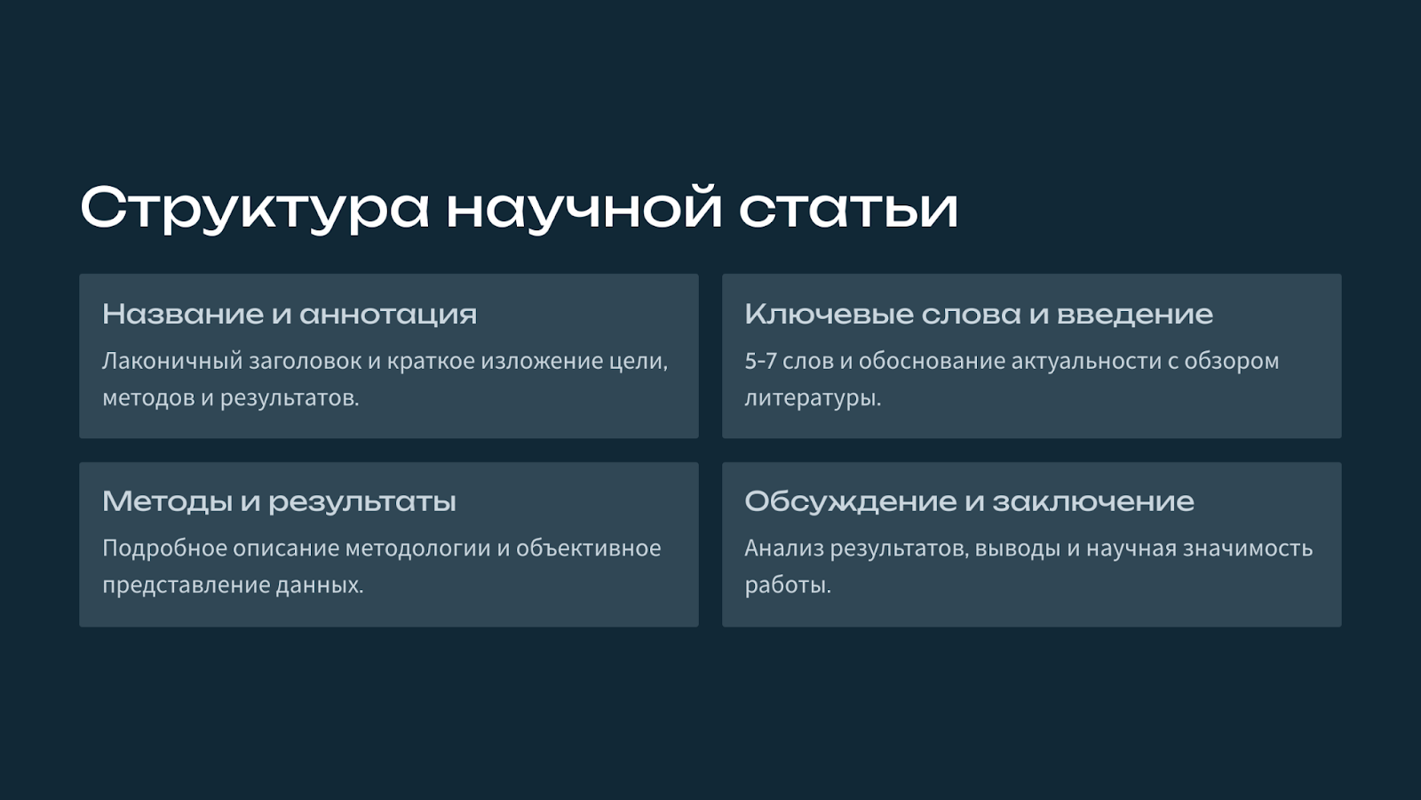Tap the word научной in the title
[584, 207]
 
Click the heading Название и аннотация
[290, 314]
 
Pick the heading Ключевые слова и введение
[979, 314]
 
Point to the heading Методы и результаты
[279, 501]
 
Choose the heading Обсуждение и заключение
[969, 501]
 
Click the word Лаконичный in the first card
[172, 361]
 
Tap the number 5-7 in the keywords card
[760, 361]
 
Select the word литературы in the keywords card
[812, 399]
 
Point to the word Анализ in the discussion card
[783, 548]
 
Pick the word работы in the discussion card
[787, 585]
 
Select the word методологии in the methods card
[418, 548]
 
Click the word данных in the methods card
[319, 585]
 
